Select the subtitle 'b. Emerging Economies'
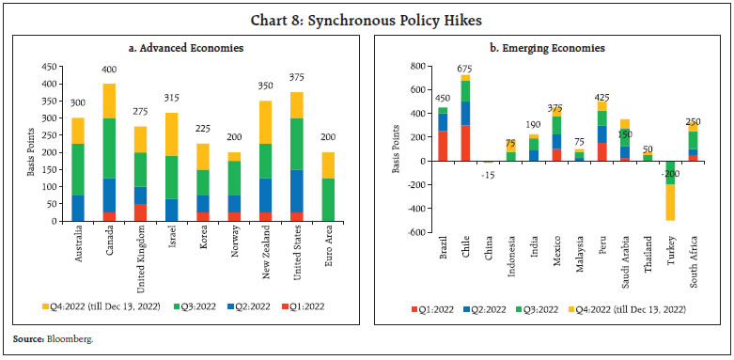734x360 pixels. (553, 47)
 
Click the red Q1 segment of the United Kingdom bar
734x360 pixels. (141, 212)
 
